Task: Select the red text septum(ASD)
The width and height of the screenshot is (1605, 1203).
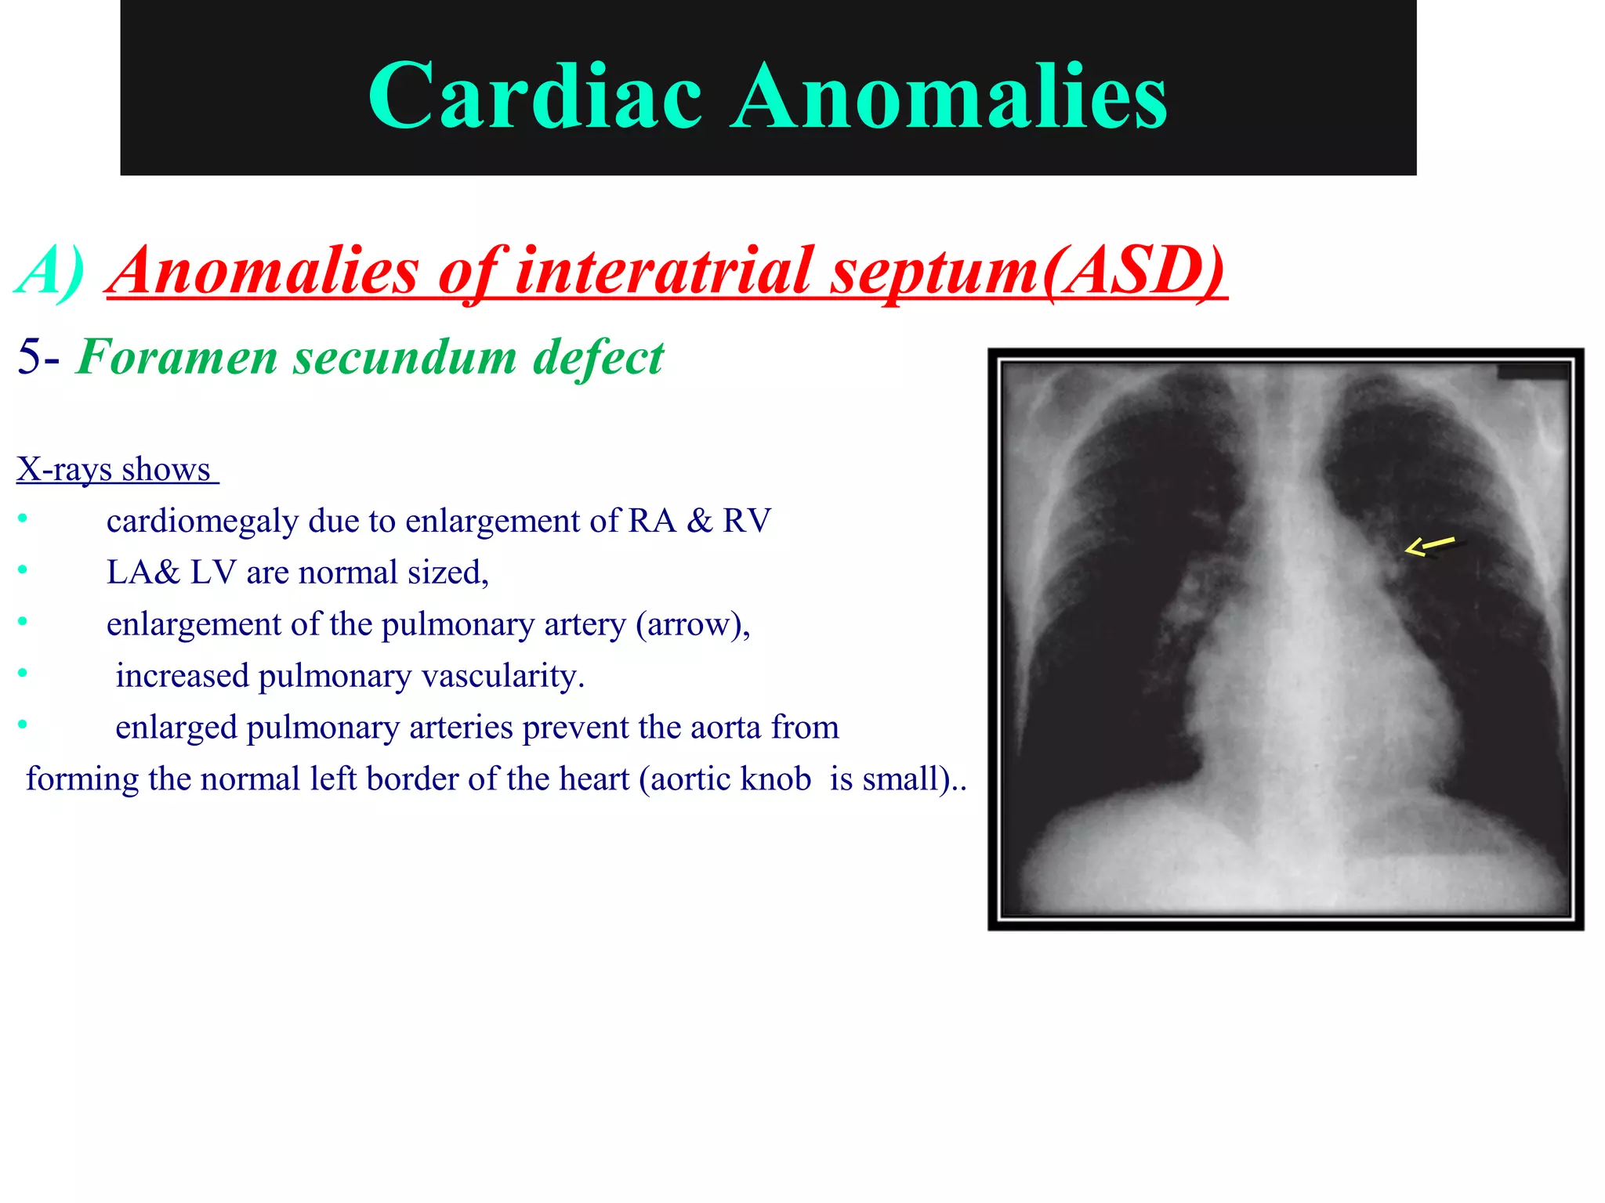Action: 1028,271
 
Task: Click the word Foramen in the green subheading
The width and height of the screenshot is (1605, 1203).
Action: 177,357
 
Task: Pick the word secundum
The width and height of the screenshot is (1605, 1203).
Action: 404,357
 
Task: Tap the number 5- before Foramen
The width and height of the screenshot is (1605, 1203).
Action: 38,357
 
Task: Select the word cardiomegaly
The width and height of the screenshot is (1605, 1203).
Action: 202,522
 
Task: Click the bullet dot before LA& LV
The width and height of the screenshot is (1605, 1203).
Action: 23,569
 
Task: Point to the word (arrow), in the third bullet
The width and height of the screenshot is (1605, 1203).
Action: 693,625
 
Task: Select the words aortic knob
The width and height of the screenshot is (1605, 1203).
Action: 731,779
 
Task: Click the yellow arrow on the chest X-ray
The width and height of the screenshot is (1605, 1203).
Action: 1429,546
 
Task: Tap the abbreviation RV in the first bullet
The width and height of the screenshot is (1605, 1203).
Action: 747,522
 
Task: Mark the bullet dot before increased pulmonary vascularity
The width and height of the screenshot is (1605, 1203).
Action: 23,673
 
